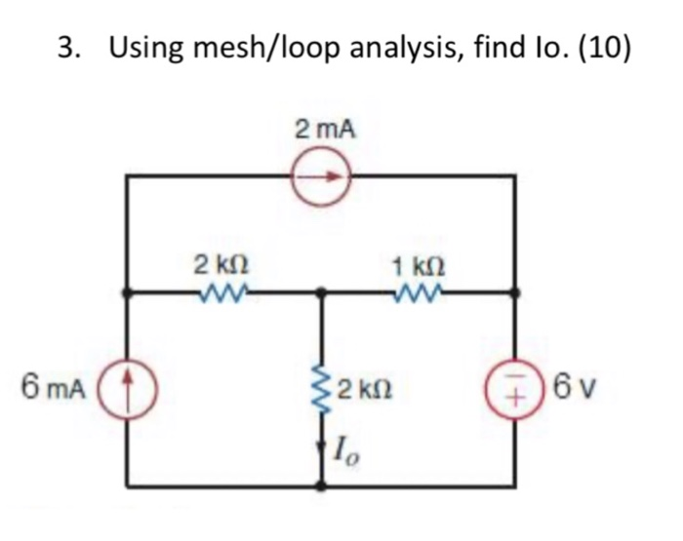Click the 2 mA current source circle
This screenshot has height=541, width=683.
[323, 177]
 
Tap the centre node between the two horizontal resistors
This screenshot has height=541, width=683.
[323, 290]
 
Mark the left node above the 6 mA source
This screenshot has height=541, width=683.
[128, 290]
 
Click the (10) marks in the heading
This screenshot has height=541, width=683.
[605, 47]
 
